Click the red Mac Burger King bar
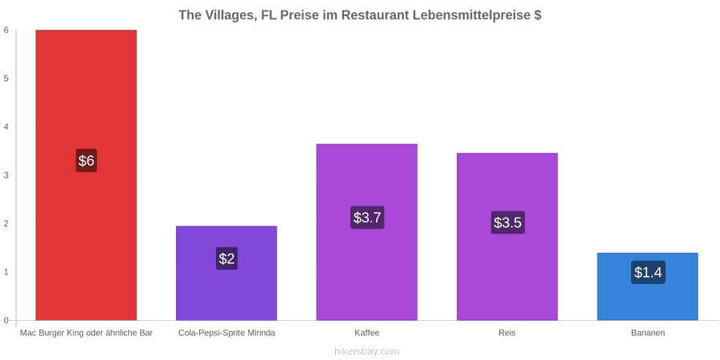point(86,175)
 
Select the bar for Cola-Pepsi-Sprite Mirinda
point(226,273)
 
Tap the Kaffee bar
point(367,232)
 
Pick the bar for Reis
point(507,237)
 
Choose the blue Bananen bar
point(647,286)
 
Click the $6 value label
point(86,160)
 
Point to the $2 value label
point(226,258)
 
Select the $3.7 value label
point(367,217)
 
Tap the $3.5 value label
point(507,222)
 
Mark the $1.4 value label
point(648,272)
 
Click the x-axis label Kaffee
point(367,333)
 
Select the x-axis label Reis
point(507,333)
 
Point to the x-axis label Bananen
point(647,333)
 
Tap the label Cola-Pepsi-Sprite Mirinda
point(227,333)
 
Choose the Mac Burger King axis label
point(86,333)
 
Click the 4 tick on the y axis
point(6,126)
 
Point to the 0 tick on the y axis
point(6,321)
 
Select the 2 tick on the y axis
point(6,224)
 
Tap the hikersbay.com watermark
point(360,351)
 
